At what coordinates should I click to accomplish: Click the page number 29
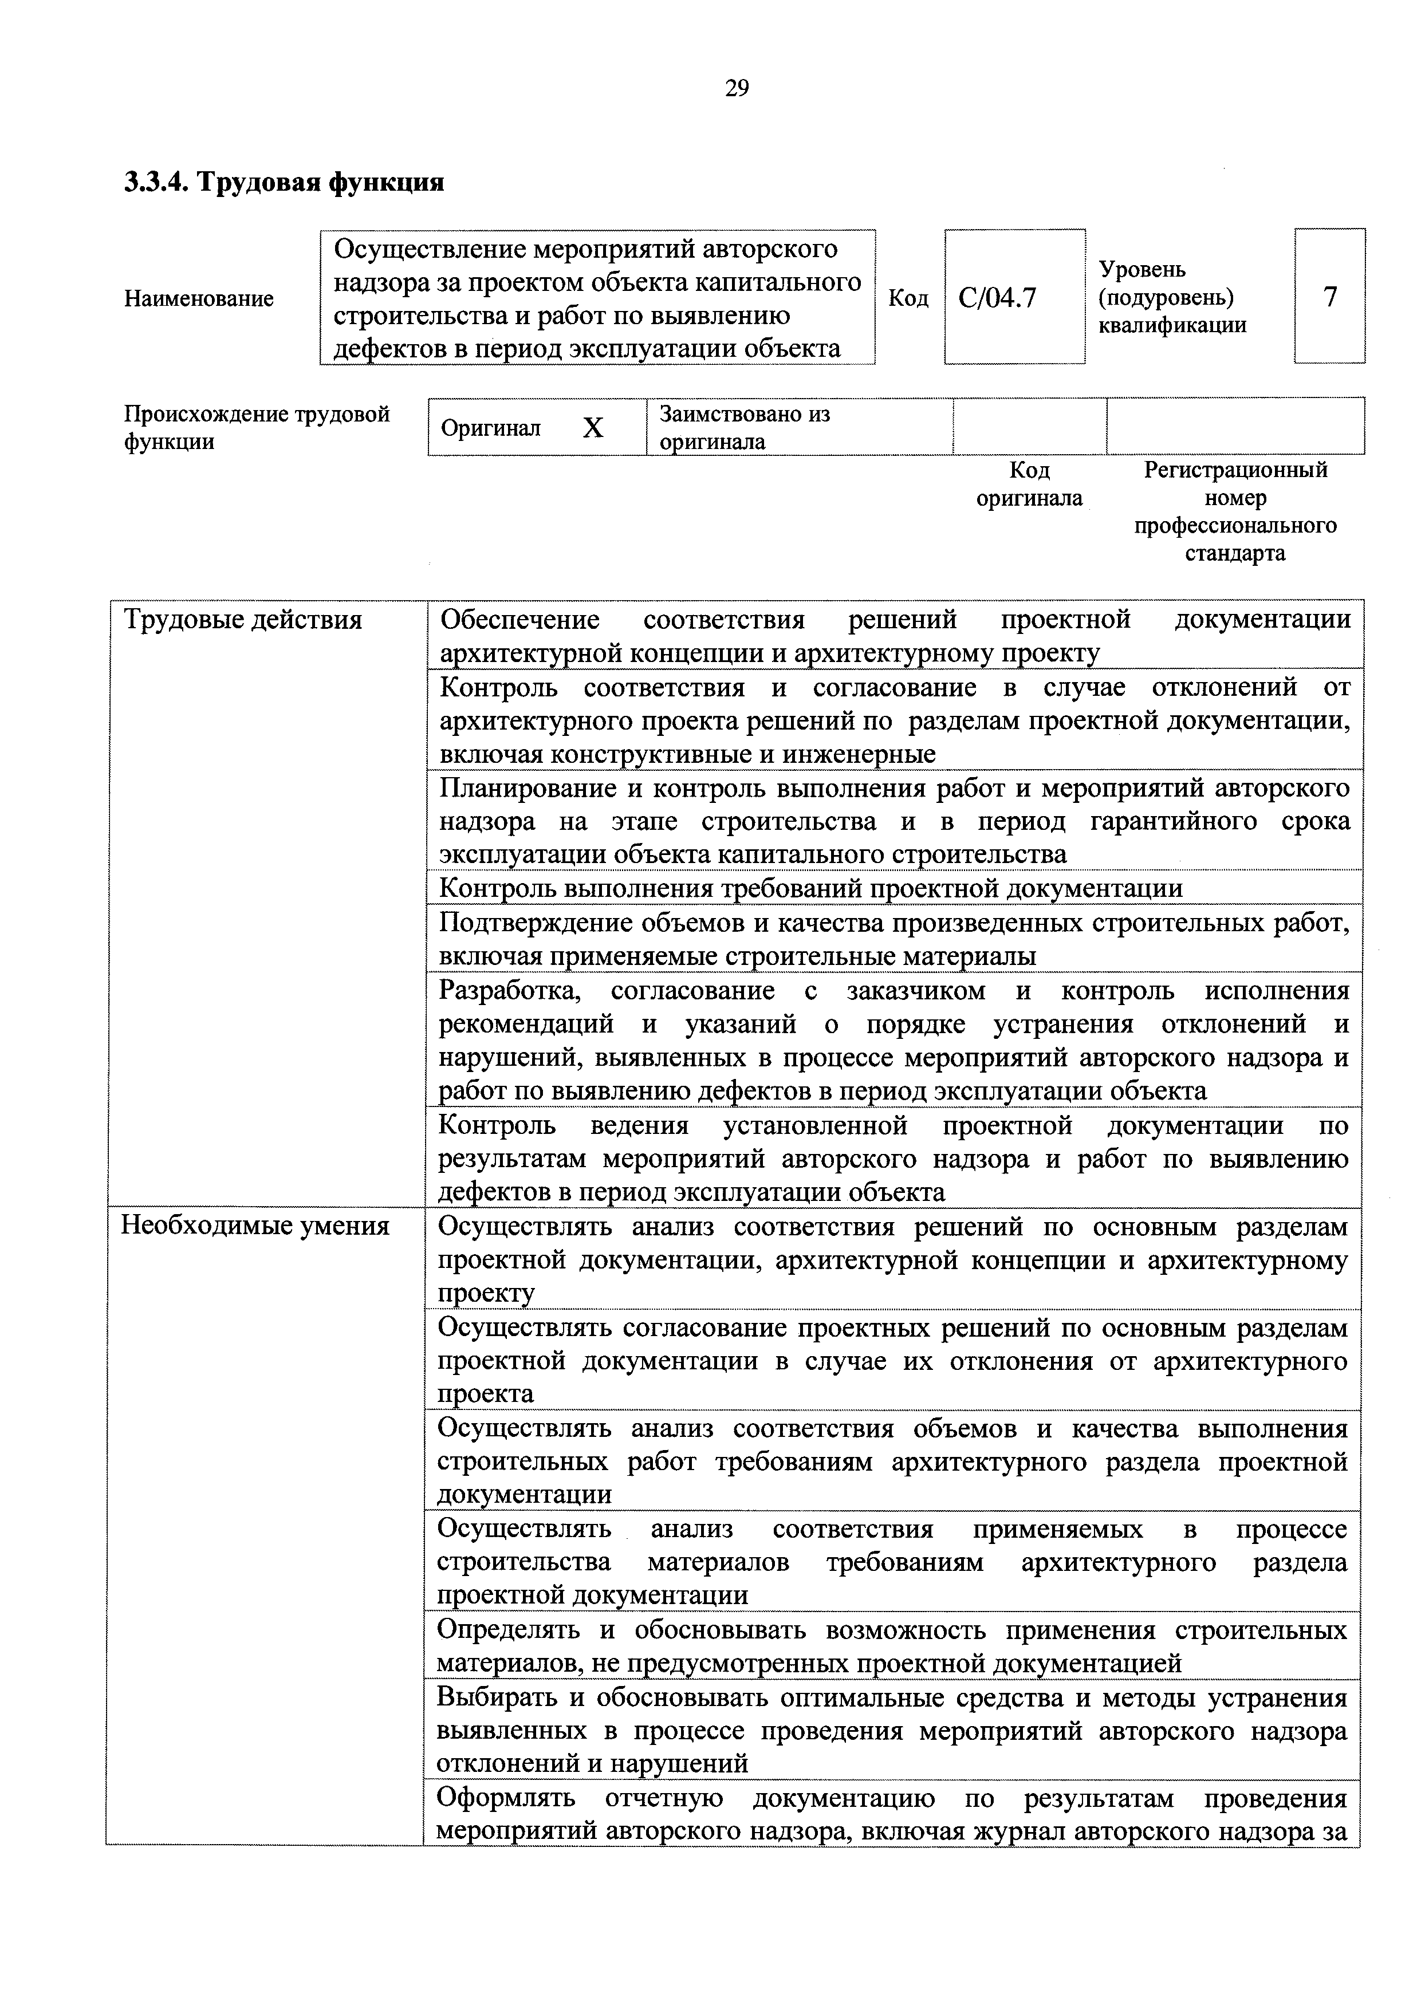[737, 88]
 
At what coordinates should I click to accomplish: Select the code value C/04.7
[998, 298]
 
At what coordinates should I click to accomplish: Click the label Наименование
[199, 298]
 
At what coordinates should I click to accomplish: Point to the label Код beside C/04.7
[908, 298]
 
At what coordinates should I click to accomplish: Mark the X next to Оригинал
[593, 428]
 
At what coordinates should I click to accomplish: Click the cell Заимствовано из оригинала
[745, 427]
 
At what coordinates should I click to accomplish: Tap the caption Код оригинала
[1029, 484]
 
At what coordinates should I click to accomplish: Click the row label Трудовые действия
[242, 620]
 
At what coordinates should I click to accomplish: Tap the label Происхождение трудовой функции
[257, 427]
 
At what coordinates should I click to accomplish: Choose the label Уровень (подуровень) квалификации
[1172, 297]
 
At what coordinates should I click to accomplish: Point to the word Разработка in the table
[509, 991]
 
